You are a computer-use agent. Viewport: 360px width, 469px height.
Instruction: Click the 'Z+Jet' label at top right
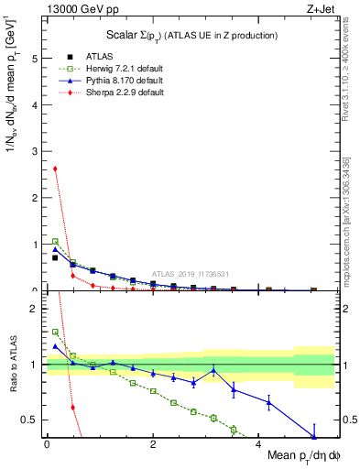point(318,8)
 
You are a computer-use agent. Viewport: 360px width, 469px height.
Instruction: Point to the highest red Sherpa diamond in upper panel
point(55,169)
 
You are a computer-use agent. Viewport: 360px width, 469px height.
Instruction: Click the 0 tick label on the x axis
point(47,444)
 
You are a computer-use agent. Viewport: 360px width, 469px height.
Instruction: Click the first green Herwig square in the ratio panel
point(55,333)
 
